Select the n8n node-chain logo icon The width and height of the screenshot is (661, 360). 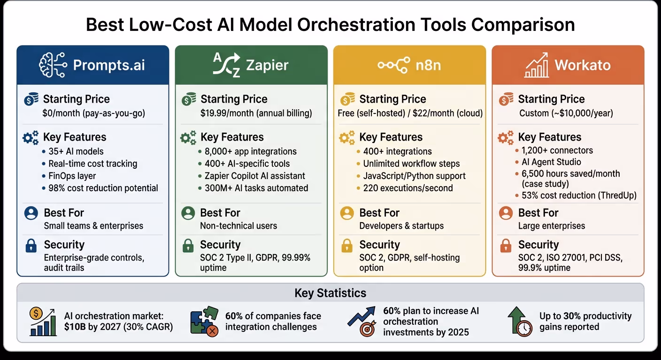point(393,65)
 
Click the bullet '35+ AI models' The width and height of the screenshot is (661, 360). point(76,151)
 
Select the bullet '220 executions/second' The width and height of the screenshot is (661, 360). point(408,188)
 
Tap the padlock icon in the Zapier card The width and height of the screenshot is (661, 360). point(188,245)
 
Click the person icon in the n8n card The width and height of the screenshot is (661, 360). point(346,213)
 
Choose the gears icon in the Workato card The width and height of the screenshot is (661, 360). point(505,137)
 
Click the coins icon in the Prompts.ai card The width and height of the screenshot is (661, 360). point(31,99)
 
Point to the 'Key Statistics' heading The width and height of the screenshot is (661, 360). point(330,293)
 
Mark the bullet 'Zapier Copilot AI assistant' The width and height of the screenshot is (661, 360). point(255,176)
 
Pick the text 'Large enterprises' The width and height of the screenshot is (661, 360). point(552,226)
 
